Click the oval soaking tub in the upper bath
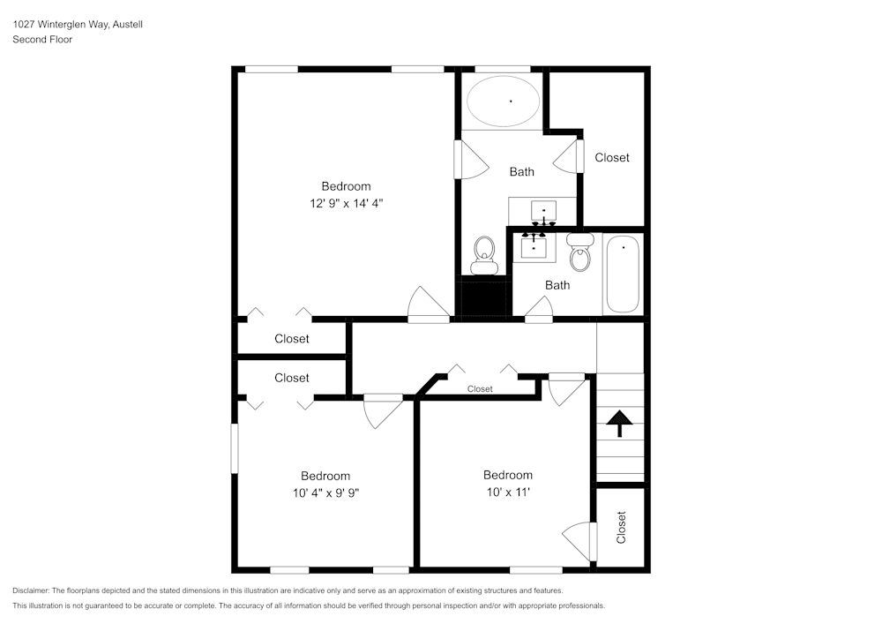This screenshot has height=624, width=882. [x=503, y=102]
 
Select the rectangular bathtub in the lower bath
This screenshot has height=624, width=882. [x=624, y=274]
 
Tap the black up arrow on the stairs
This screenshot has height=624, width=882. [x=620, y=424]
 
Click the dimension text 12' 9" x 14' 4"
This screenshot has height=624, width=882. [x=346, y=202]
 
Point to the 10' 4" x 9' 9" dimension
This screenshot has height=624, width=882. [x=325, y=492]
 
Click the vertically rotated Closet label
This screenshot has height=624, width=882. [x=621, y=527]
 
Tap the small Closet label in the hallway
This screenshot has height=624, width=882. [x=480, y=388]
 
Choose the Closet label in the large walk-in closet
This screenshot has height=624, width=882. [x=612, y=157]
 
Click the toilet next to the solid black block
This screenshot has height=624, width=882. [x=484, y=254]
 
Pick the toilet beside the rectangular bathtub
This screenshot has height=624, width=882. [x=579, y=253]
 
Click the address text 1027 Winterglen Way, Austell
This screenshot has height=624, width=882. [x=78, y=25]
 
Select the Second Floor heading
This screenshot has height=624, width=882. [x=42, y=40]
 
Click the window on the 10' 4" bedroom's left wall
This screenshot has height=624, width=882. [x=235, y=448]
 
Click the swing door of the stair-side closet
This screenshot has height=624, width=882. [x=579, y=535]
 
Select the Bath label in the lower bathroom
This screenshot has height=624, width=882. [x=557, y=285]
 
